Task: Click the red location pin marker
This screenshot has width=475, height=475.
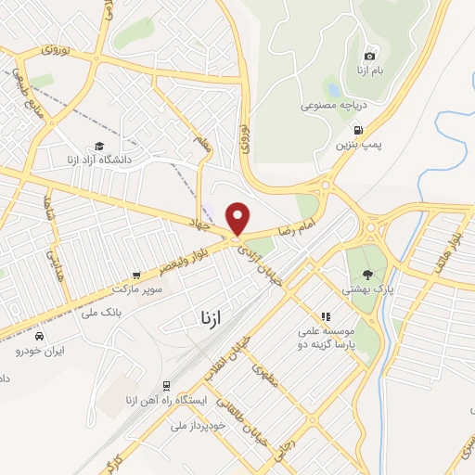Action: click(x=239, y=219)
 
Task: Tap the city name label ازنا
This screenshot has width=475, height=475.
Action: click(x=210, y=319)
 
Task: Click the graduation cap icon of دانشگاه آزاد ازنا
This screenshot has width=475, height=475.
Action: click(x=99, y=146)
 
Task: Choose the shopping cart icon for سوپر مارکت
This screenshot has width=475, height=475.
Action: click(x=136, y=275)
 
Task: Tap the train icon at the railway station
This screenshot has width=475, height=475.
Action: click(x=166, y=385)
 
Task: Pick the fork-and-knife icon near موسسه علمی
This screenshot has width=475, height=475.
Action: click(x=326, y=316)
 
